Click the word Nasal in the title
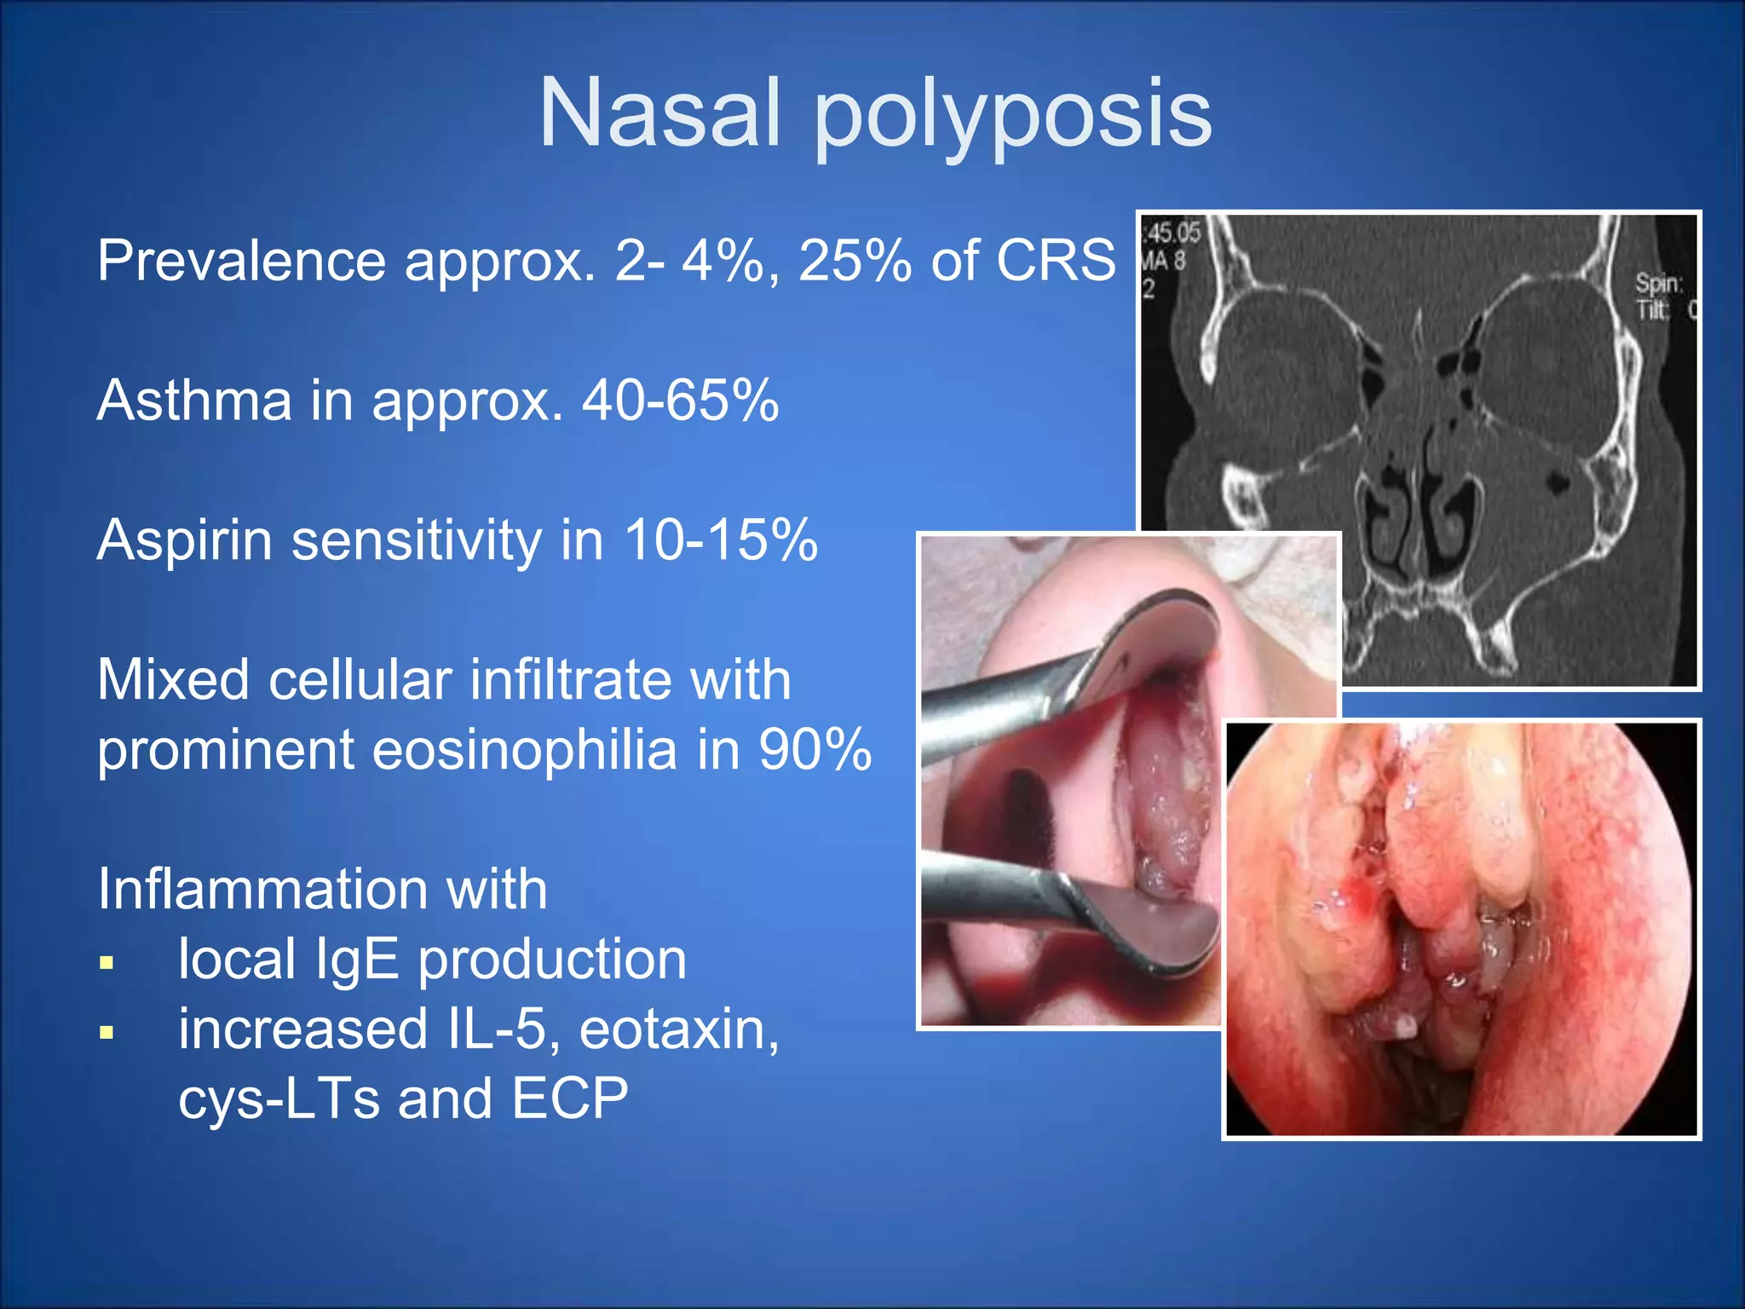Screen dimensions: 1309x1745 pyautogui.click(x=659, y=112)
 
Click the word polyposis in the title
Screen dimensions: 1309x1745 pyautogui.click(x=1013, y=118)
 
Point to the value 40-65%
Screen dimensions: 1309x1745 pyautogui.click(x=680, y=400)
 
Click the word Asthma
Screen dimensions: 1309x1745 pyautogui.click(x=194, y=400)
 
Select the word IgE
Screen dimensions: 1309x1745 pyautogui.click(x=357, y=960)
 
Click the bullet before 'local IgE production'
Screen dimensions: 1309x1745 pyautogui.click(x=107, y=964)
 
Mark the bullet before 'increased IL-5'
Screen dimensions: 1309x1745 pyautogui.click(x=107, y=1034)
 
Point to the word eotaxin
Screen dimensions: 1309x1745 pyautogui.click(x=678, y=1029)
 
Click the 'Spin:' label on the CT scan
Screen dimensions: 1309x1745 pyautogui.click(x=1657, y=284)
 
